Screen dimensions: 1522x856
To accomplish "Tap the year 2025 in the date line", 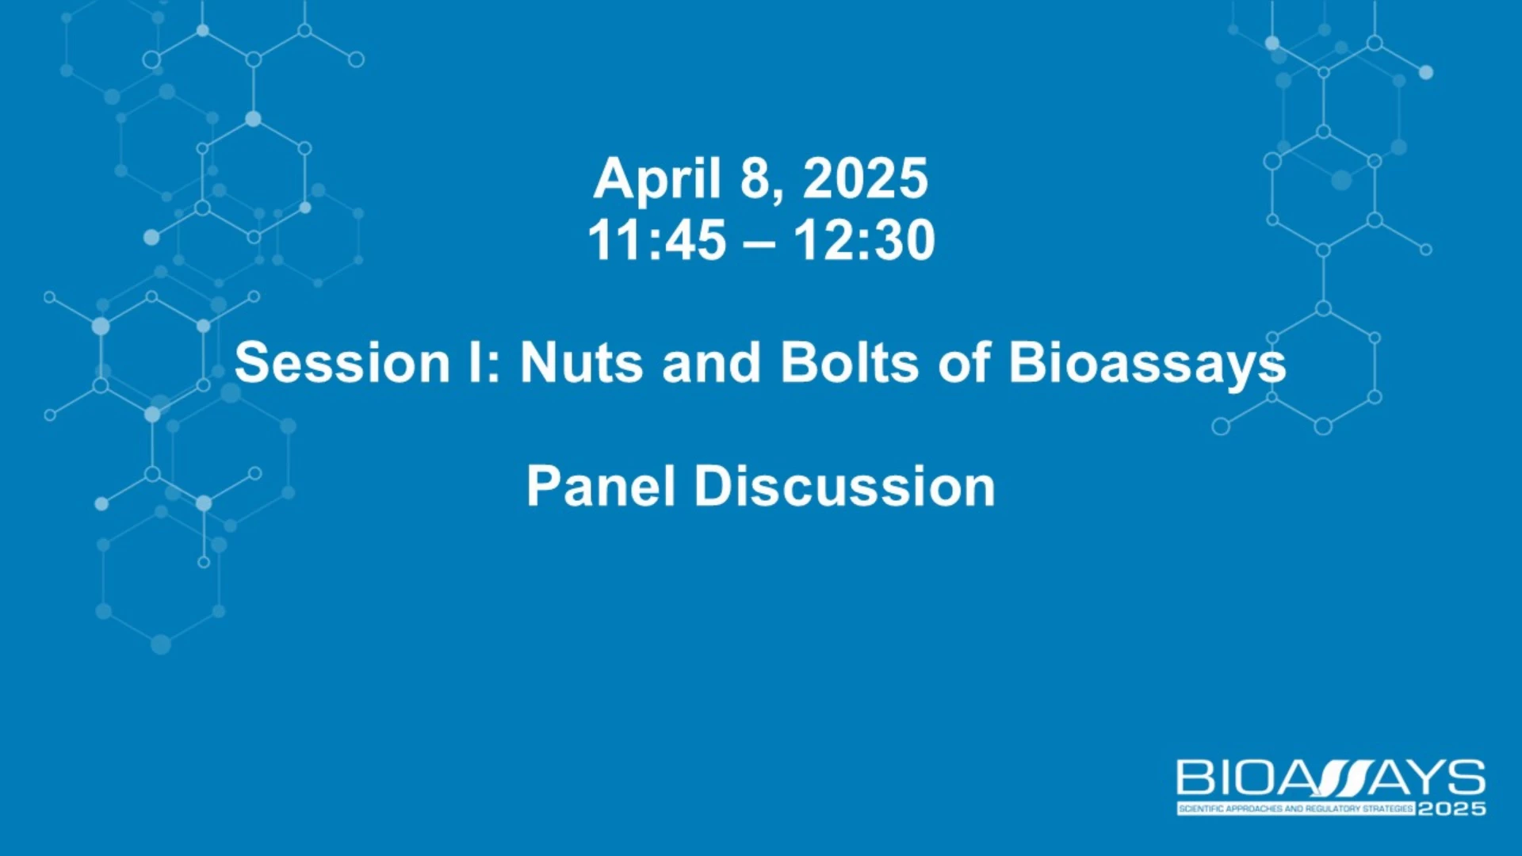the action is pos(865,178).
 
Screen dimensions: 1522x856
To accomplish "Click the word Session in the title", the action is pos(342,363).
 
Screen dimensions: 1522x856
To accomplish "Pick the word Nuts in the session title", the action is pos(581,363).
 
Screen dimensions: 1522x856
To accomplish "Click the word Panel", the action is pos(601,486).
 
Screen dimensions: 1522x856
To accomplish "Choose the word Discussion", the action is pos(845,486).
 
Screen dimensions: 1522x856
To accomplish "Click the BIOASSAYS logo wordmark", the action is pos(1331,778).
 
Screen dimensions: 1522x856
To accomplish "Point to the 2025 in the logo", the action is pos(1451,808).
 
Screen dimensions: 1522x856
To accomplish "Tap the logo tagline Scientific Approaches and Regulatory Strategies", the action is pos(1296,808).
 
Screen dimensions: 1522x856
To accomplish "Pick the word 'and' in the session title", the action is pos(711,363).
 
